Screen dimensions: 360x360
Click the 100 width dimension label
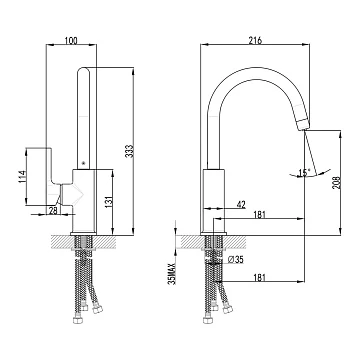(71, 40)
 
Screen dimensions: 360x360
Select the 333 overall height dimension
(130, 151)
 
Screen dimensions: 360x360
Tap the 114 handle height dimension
(22, 177)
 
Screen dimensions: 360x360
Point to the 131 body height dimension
(109, 201)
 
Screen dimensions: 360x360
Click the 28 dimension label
(53, 210)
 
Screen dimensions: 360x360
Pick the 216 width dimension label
(255, 40)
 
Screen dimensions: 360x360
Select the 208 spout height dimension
(337, 183)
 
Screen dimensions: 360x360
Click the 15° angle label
(304, 173)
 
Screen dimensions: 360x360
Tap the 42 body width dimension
(241, 205)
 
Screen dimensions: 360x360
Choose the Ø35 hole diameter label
(236, 259)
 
